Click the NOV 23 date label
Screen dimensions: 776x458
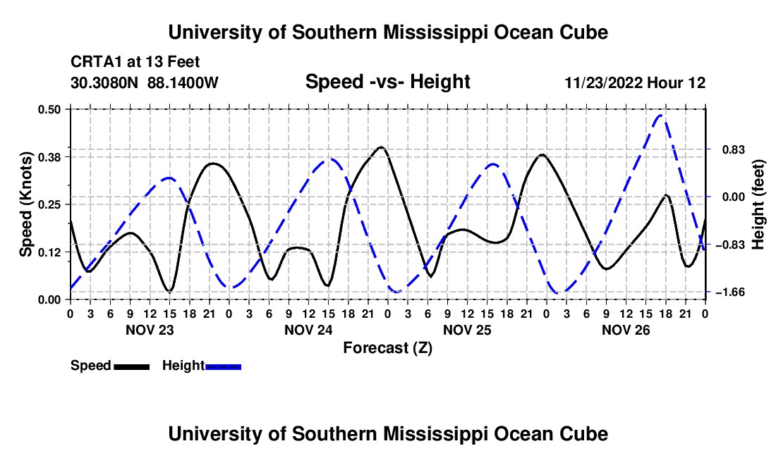(150, 330)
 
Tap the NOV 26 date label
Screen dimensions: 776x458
(626, 330)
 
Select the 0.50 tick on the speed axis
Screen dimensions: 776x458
(49, 109)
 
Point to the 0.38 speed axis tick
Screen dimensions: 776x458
(49, 157)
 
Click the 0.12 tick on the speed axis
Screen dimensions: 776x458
(49, 252)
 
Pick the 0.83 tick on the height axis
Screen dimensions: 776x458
(734, 149)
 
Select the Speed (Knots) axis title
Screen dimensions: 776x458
(25, 204)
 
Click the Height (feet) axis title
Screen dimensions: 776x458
(758, 204)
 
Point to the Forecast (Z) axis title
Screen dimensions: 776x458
(387, 348)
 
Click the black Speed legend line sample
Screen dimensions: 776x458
(132, 366)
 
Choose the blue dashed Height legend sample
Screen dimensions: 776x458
(223, 366)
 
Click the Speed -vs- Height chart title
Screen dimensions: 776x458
(387, 82)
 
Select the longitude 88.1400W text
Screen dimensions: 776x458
(183, 82)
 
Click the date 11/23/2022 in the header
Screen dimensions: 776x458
(603, 82)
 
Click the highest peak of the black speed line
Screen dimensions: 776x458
(380, 147)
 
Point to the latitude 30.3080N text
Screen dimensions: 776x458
(104, 82)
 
